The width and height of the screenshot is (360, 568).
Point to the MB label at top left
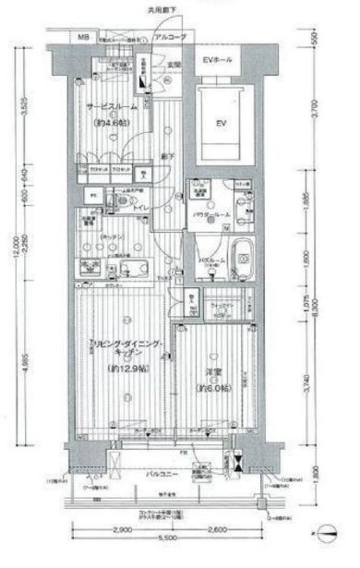tap(83, 37)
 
